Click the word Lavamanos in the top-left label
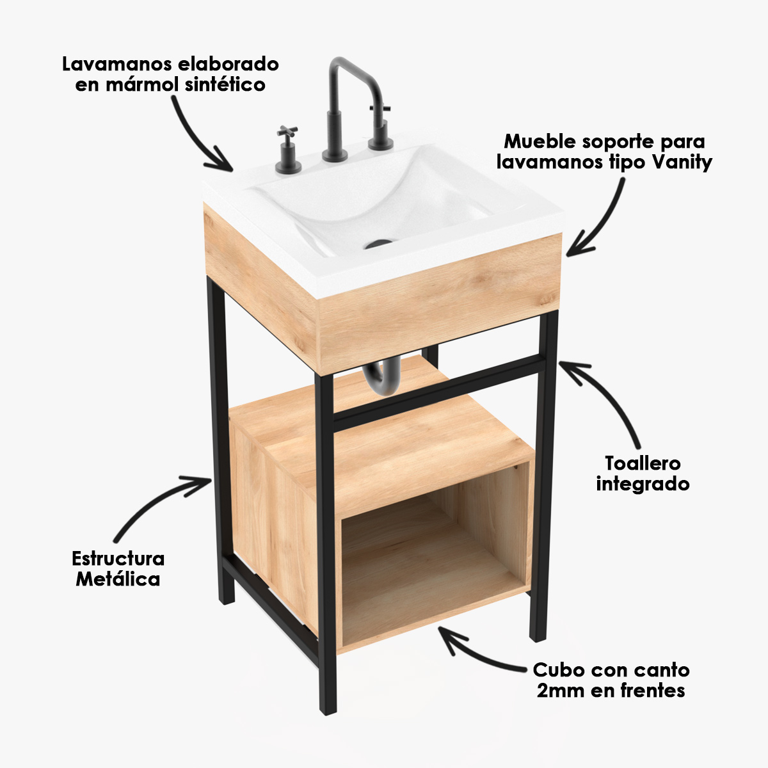(x=116, y=65)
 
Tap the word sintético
(x=225, y=85)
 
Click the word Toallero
(x=643, y=463)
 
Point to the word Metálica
(x=118, y=579)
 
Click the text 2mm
(x=561, y=691)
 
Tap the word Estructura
(x=118, y=559)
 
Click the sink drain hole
(x=378, y=243)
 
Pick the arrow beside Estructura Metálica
(x=159, y=502)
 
